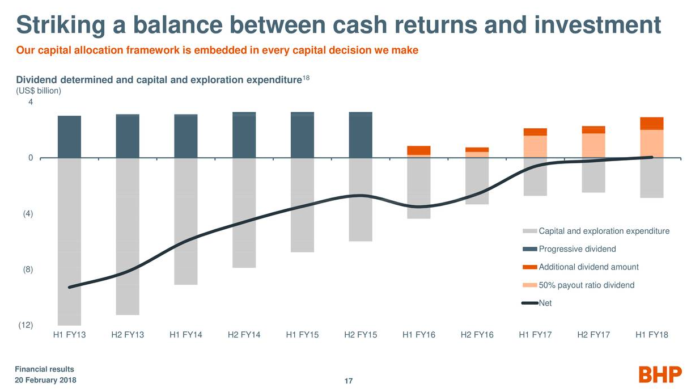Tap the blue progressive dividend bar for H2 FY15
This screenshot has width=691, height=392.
coord(361,135)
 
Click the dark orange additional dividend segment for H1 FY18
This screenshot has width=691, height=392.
coord(651,124)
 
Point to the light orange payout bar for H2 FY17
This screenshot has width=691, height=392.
coord(594,145)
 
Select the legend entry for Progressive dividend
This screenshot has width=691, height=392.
coord(576,249)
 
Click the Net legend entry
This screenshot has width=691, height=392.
coord(545,304)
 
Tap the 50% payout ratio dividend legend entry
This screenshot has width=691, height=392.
coord(586,285)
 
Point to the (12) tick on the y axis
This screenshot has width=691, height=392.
coord(26,325)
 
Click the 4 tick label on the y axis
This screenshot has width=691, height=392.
coord(31,103)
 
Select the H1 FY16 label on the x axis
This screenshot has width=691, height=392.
coord(419,335)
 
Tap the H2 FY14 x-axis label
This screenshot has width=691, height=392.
coord(244,335)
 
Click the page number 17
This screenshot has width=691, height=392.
coord(349,381)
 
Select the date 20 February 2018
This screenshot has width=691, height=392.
coord(45,380)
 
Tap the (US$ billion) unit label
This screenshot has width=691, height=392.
coord(39,91)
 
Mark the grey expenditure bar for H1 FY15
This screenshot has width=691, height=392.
coord(302,205)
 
